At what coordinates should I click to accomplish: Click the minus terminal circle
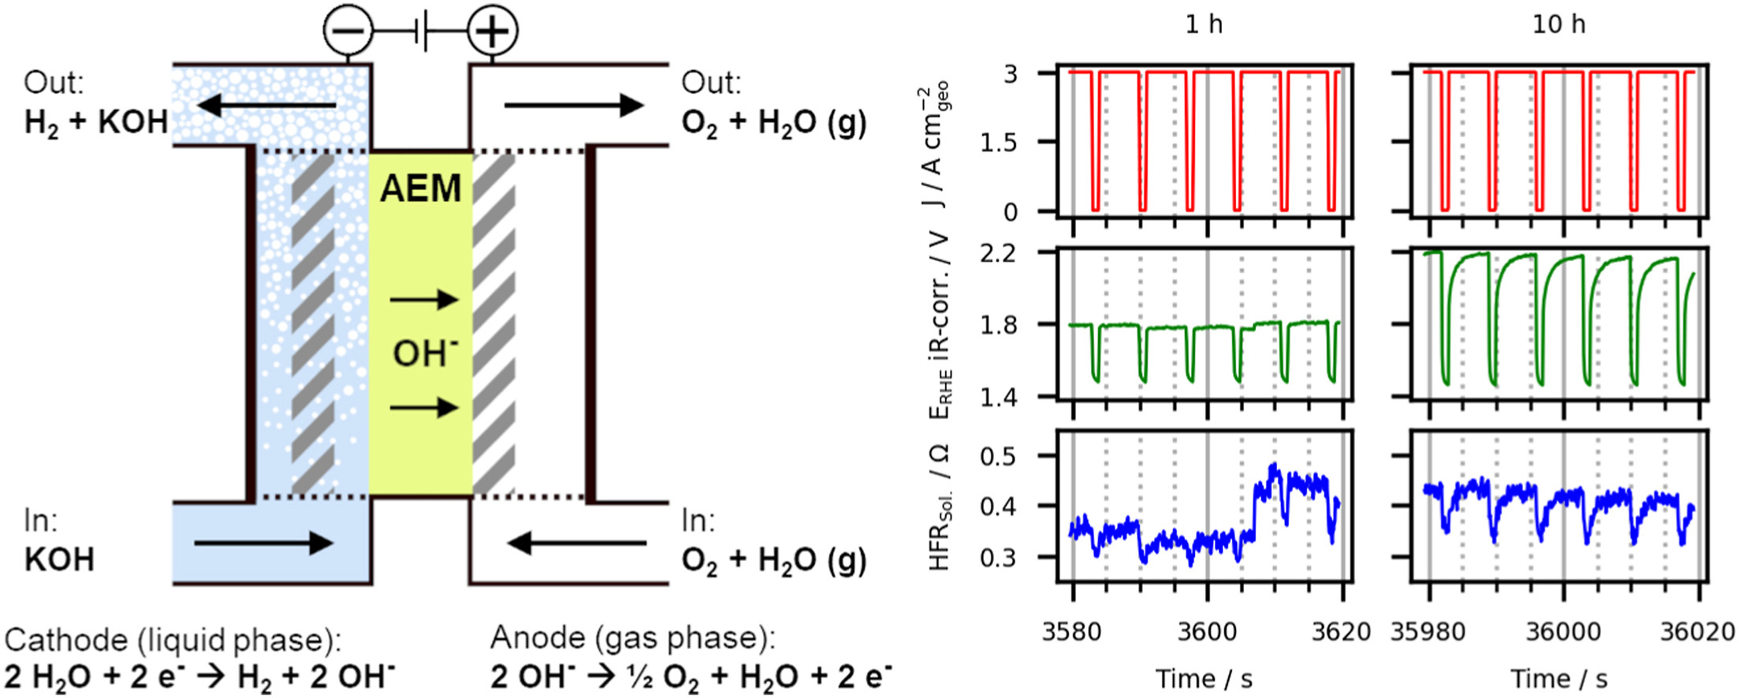[x=348, y=32]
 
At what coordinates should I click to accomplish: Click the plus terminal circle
[x=493, y=32]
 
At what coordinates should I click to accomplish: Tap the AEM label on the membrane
[x=420, y=189]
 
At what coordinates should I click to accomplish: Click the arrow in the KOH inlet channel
[x=263, y=543]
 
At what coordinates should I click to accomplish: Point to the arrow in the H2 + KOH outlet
[x=266, y=105]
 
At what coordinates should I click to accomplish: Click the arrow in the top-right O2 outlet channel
[x=573, y=105]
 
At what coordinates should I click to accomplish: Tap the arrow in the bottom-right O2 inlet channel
[x=576, y=543]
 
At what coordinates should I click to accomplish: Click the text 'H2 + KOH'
[x=96, y=123]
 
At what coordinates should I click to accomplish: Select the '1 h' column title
[x=1204, y=24]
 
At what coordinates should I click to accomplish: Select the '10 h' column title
[x=1558, y=24]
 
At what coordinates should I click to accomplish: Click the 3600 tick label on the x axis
[x=1207, y=632]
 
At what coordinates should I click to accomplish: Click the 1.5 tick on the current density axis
[x=998, y=143]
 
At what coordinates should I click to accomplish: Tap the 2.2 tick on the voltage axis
[x=998, y=253]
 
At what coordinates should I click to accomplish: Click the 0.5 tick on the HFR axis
[x=998, y=456]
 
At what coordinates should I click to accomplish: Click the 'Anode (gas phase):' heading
[x=632, y=638]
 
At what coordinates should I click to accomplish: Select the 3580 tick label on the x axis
[x=1072, y=632]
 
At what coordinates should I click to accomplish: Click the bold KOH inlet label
[x=59, y=560]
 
